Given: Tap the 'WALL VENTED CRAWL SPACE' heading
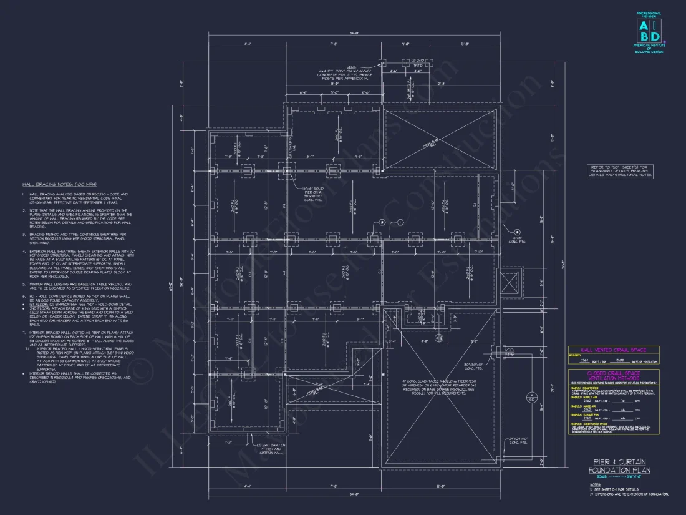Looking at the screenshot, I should coord(614,350).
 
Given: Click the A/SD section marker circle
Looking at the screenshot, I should coord(531,397).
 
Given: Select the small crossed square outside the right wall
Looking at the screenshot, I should coord(510,283).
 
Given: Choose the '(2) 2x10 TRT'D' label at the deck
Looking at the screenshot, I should coord(417,62).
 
